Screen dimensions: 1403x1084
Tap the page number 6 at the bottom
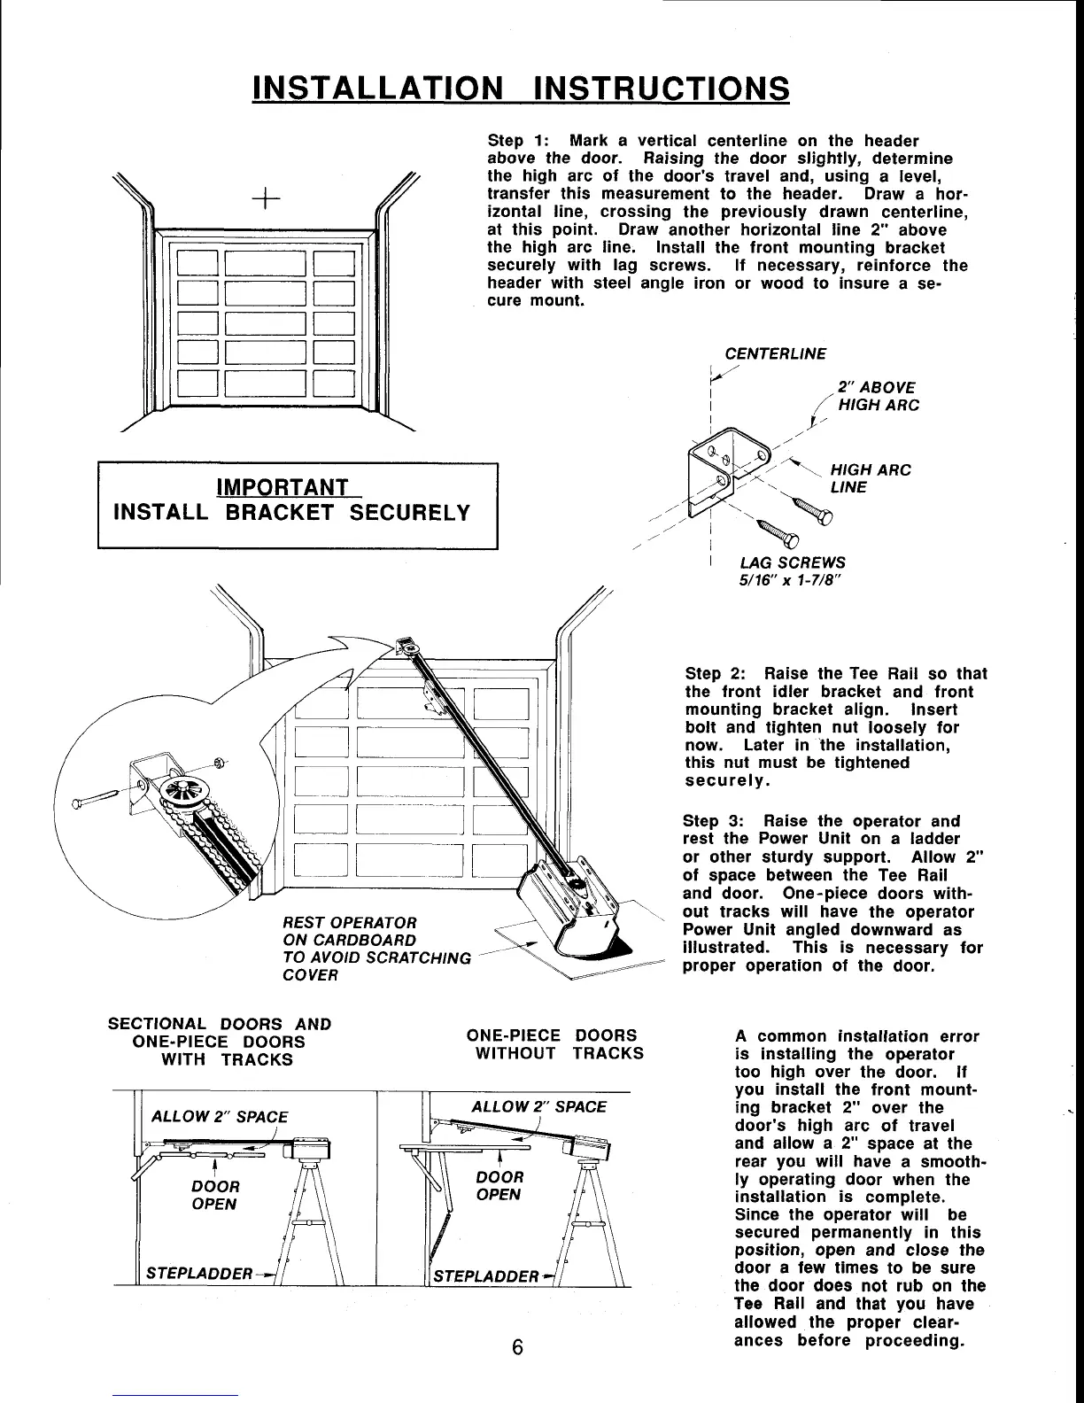pos(518,1348)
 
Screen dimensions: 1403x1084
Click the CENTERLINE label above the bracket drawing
pos(775,354)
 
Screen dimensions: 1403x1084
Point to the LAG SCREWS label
pos(792,562)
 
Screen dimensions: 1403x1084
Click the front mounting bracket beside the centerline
pos(716,469)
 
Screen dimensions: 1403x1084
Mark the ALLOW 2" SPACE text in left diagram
pos(220,1116)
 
